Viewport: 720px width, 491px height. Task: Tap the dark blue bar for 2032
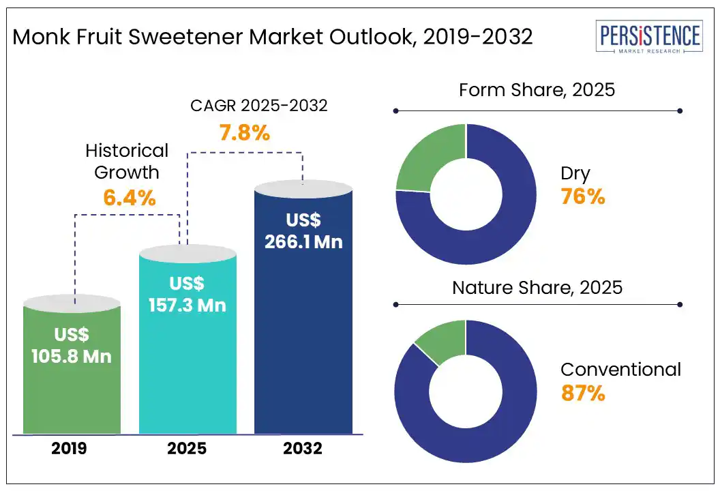(x=303, y=341)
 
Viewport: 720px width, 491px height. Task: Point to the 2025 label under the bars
(x=187, y=449)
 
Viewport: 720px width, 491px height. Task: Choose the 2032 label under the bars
(x=303, y=449)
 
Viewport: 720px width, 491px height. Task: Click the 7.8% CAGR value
(x=244, y=132)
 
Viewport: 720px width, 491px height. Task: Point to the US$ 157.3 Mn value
(x=187, y=294)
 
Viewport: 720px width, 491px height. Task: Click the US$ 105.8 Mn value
(x=72, y=345)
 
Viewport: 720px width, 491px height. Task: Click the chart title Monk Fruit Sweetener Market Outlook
(x=273, y=37)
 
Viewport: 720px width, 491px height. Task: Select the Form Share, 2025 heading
(x=537, y=90)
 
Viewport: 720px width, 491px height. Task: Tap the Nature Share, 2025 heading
(x=537, y=287)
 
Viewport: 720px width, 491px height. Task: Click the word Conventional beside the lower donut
(x=620, y=370)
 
